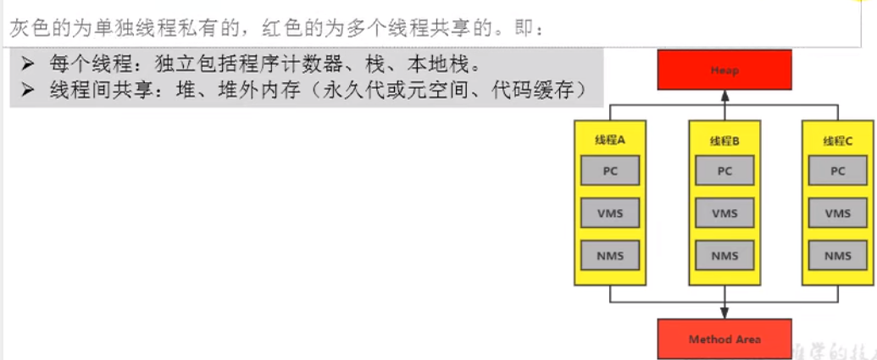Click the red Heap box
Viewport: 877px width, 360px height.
click(x=724, y=69)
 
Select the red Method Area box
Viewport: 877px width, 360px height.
click(x=724, y=339)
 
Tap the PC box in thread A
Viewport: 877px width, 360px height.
click(x=611, y=170)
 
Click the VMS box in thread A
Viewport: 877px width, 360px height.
click(x=611, y=213)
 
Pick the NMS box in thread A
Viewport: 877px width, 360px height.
click(x=611, y=255)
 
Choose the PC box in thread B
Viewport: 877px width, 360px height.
click(x=724, y=170)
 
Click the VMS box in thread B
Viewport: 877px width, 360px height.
click(x=724, y=213)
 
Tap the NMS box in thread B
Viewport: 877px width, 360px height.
click(x=724, y=255)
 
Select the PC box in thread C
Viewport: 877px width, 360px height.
click(x=838, y=170)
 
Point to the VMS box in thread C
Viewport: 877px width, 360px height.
click(x=838, y=213)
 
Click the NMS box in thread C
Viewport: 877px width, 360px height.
click(x=838, y=255)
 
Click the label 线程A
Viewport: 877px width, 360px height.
click(x=611, y=141)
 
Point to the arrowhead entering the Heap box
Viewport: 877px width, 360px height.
click(x=724, y=95)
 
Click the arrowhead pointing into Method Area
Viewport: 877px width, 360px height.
click(x=724, y=313)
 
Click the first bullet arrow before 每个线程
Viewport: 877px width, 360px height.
click(x=28, y=64)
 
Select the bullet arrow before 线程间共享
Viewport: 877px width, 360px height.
click(x=28, y=90)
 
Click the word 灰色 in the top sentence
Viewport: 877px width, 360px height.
click(x=28, y=28)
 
